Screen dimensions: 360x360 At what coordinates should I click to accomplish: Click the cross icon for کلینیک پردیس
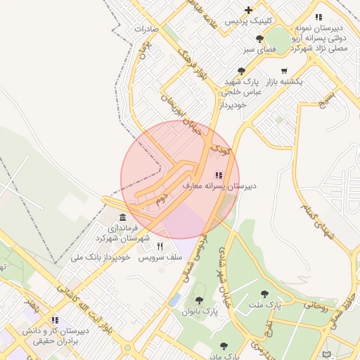(248, 10)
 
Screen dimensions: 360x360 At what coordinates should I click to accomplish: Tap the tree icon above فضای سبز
(260, 39)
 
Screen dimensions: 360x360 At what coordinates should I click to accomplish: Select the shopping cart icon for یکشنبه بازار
(283, 70)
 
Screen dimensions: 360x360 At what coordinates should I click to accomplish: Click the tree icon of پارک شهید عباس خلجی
(242, 70)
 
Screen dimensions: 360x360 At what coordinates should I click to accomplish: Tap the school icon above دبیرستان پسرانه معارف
(219, 175)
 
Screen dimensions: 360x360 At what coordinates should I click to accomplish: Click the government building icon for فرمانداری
(123, 217)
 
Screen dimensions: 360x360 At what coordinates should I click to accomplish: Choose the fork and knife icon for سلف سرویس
(160, 246)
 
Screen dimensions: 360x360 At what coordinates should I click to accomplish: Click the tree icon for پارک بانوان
(199, 300)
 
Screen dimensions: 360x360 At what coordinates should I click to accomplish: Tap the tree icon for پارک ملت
(264, 294)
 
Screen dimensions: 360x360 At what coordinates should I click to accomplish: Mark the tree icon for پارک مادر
(224, 345)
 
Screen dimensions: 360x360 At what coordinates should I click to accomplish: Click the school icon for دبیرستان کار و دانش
(55, 320)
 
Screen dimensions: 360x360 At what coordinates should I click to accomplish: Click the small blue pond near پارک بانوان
(174, 300)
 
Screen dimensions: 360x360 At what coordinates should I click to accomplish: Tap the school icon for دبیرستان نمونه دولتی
(319, 17)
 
